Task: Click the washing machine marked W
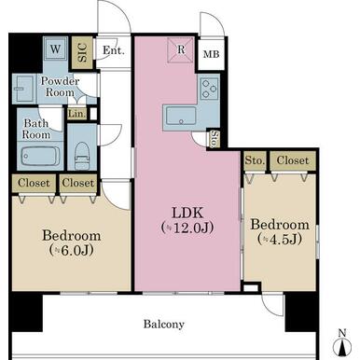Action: [55, 48]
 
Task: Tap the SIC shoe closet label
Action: [82, 52]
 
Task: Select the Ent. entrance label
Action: [114, 49]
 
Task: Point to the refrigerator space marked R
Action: [181, 49]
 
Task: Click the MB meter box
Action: [211, 54]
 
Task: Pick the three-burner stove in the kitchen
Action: [209, 88]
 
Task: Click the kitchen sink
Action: [181, 116]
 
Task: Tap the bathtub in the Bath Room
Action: [40, 156]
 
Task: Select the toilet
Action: [82, 156]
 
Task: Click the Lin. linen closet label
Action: [76, 114]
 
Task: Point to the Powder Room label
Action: [60, 87]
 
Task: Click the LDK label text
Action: [187, 213]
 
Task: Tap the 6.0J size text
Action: [72, 250]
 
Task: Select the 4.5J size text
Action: [280, 239]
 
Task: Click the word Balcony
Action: [164, 325]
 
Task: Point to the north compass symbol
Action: [342, 345]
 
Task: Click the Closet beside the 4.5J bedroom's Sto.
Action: [293, 160]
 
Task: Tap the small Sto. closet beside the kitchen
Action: [215, 138]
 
